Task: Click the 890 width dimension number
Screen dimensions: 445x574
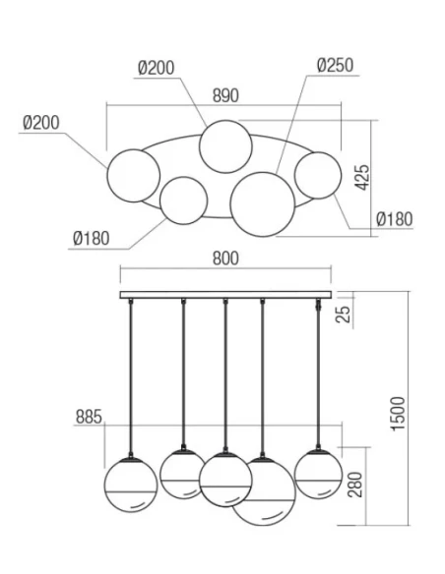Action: click(225, 95)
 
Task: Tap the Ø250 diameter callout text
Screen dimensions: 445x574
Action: click(335, 66)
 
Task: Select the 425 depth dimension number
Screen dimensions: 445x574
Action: click(363, 178)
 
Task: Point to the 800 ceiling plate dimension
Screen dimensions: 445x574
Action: click(225, 258)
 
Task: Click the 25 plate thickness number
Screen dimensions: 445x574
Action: click(344, 314)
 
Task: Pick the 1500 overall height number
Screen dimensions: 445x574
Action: click(399, 414)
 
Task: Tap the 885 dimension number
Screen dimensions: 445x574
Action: click(89, 417)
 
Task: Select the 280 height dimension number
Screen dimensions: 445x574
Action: click(354, 485)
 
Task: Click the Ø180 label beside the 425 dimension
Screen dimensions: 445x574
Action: click(395, 219)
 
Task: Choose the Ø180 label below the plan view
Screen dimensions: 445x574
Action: click(92, 238)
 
